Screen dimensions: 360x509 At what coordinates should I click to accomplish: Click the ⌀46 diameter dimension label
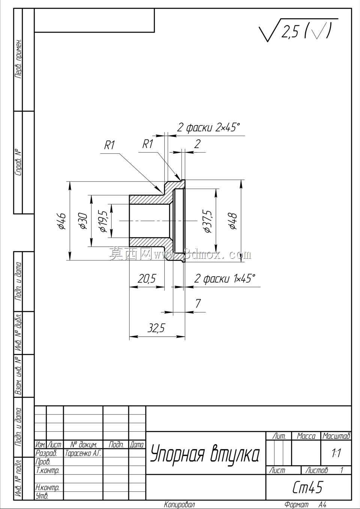61,220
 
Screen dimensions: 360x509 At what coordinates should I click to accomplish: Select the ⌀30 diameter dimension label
82,220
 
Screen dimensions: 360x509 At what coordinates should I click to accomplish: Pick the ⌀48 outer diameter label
233,221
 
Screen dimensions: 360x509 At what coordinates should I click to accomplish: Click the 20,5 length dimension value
147,278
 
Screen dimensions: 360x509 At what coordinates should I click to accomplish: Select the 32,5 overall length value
156,328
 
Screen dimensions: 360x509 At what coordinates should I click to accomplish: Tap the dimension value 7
198,303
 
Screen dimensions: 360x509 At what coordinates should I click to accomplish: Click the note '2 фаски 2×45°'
208,127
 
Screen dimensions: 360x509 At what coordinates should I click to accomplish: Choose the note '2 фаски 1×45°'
225,278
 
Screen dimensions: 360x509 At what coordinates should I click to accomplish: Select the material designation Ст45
307,487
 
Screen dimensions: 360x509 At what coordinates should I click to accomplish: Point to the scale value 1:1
336,453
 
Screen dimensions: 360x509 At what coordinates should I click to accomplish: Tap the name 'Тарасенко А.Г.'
83,453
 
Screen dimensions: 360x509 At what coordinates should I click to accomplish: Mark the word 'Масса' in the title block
306,436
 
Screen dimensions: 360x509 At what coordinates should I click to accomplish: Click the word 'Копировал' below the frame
179,505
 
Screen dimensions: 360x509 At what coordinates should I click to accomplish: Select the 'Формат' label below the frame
296,505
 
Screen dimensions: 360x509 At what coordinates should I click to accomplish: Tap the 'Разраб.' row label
46,453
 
